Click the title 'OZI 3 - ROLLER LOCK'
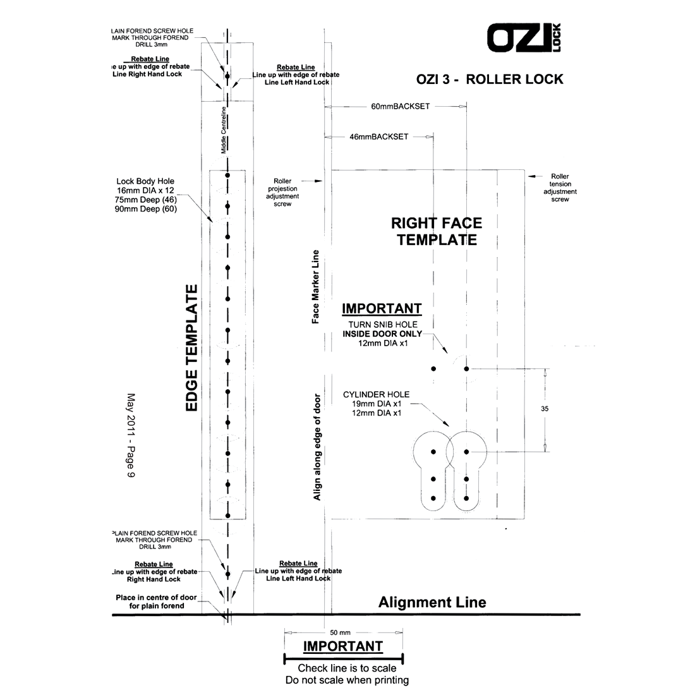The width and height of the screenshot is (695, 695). point(490,80)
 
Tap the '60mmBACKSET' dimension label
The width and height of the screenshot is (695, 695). point(400,106)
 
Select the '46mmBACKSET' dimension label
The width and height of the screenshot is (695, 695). point(378,136)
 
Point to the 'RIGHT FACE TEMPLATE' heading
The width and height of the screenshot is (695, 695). point(437,231)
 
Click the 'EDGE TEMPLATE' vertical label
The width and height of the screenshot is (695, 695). point(191,347)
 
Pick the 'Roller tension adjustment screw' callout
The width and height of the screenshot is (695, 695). point(560,188)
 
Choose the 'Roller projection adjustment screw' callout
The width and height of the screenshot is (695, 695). point(283,192)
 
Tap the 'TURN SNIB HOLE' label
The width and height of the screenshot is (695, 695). point(378,324)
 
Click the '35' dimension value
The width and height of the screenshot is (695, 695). point(545,409)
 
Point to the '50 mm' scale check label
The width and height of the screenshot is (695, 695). point(340,632)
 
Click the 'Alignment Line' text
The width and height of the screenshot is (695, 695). point(432,602)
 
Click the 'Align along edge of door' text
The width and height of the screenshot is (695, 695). point(317,447)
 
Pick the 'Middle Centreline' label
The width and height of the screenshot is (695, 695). point(223,131)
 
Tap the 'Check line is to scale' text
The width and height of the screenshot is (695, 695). point(347,668)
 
